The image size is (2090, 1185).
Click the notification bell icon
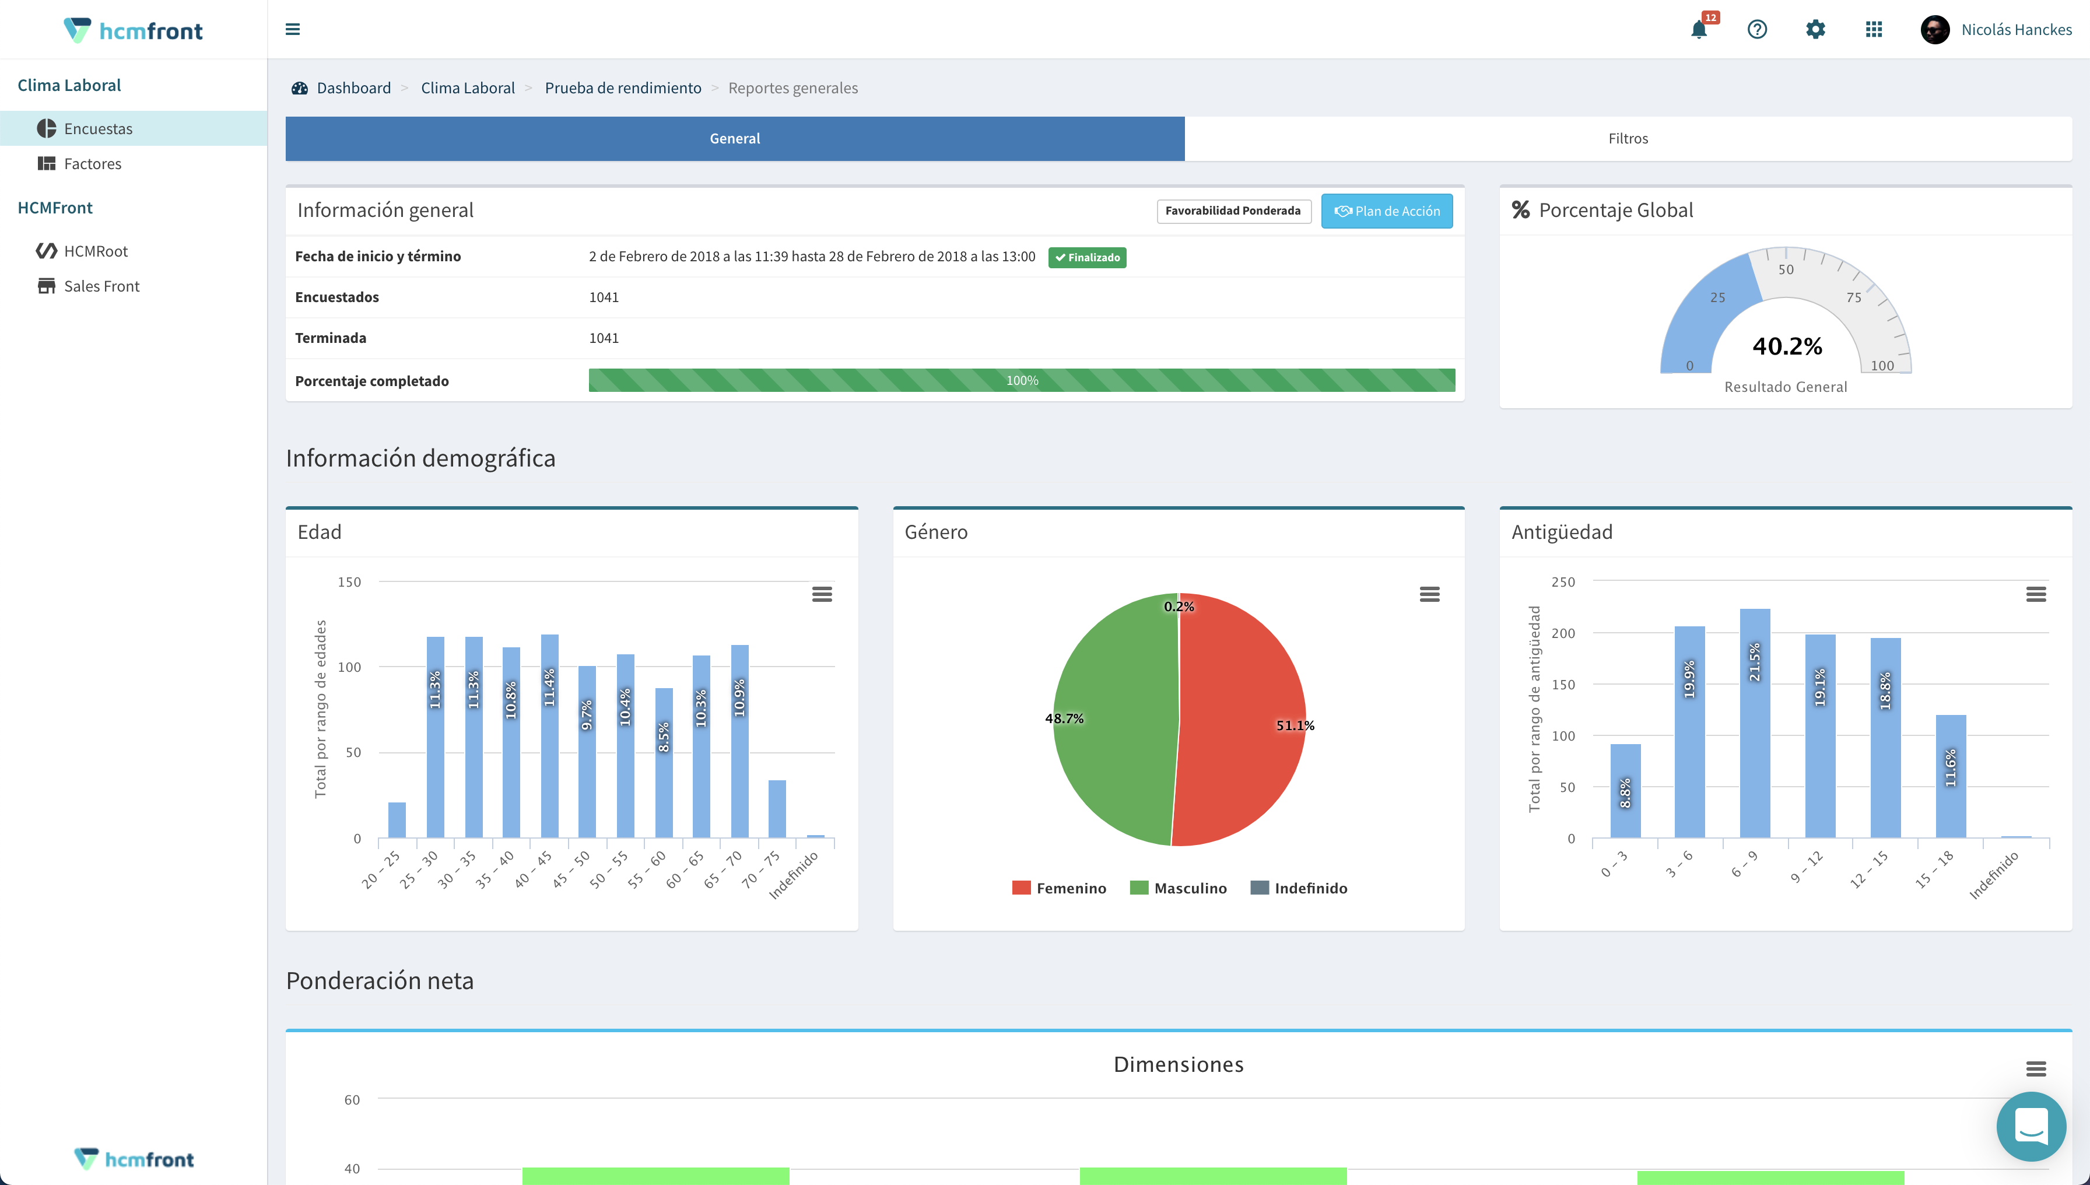pos(1699,30)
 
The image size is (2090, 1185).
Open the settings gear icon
pos(1815,30)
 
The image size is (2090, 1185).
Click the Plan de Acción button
pos(1386,211)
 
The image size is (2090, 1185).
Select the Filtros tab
pos(1628,138)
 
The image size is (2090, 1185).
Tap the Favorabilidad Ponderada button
pos(1232,211)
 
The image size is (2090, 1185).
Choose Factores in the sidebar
pos(92,164)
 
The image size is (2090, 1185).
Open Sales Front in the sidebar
pos(101,286)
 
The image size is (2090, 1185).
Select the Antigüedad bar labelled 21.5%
pos(1754,723)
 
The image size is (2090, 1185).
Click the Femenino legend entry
pos(1059,888)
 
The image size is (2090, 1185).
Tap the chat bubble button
pos(2031,1127)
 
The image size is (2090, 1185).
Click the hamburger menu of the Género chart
pos(1429,594)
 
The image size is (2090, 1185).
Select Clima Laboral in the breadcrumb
pos(467,88)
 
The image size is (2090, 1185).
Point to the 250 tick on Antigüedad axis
pos(1563,582)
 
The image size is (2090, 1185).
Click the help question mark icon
pos(1756,30)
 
